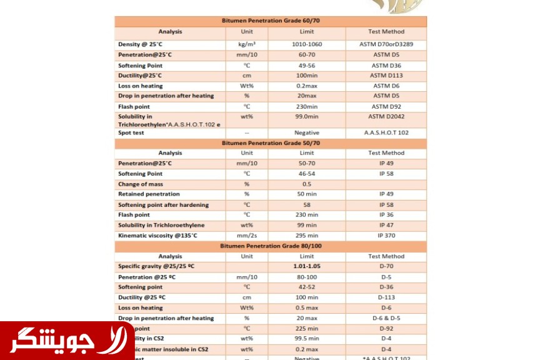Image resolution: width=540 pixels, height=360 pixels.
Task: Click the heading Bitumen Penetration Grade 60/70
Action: click(x=271, y=21)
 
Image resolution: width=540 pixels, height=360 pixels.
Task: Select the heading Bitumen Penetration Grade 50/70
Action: click(x=271, y=143)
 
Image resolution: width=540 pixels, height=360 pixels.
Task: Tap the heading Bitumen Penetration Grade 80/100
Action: click(x=271, y=246)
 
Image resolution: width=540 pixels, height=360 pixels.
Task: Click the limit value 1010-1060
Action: click(x=307, y=44)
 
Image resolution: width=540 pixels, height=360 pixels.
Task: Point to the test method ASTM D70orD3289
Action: click(x=386, y=44)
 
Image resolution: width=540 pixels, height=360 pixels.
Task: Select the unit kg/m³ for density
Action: click(x=247, y=44)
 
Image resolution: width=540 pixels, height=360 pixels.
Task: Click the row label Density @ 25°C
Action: click(x=140, y=44)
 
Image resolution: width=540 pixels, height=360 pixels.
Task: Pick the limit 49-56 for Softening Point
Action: click(x=307, y=65)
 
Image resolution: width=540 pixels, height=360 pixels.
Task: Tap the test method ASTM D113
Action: click(x=386, y=76)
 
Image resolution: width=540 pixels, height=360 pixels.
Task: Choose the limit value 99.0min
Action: click(x=307, y=116)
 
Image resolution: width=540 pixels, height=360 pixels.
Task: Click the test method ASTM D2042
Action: click(x=386, y=116)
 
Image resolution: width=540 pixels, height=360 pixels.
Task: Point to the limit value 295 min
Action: click(x=307, y=236)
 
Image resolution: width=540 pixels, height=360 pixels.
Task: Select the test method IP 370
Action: click(x=386, y=236)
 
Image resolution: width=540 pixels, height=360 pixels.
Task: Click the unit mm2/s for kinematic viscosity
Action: click(x=247, y=236)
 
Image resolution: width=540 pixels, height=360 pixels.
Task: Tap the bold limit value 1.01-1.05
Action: click(x=307, y=266)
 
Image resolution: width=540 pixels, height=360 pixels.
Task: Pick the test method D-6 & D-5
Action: click(x=386, y=318)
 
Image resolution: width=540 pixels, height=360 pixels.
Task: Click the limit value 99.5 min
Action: click(x=307, y=339)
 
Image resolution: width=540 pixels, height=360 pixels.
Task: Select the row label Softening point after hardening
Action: click(x=163, y=205)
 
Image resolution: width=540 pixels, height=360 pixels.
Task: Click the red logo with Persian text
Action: click(x=66, y=341)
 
